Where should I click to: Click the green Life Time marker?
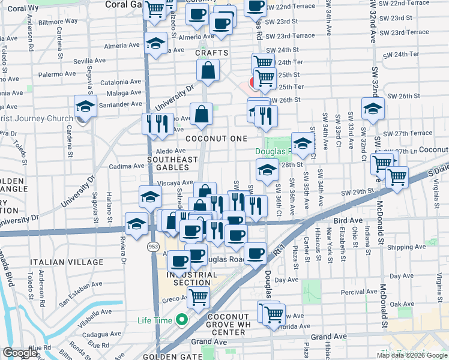coord(180,320)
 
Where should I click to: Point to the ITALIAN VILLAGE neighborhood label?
coord(63,262)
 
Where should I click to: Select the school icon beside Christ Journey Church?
coord(85,107)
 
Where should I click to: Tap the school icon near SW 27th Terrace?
coord(373,109)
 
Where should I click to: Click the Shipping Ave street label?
coord(406,247)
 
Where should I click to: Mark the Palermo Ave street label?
coord(57,75)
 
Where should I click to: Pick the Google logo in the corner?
coord(20,353)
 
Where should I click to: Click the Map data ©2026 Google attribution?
coord(412,355)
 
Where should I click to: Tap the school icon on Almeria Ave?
coord(155,44)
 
